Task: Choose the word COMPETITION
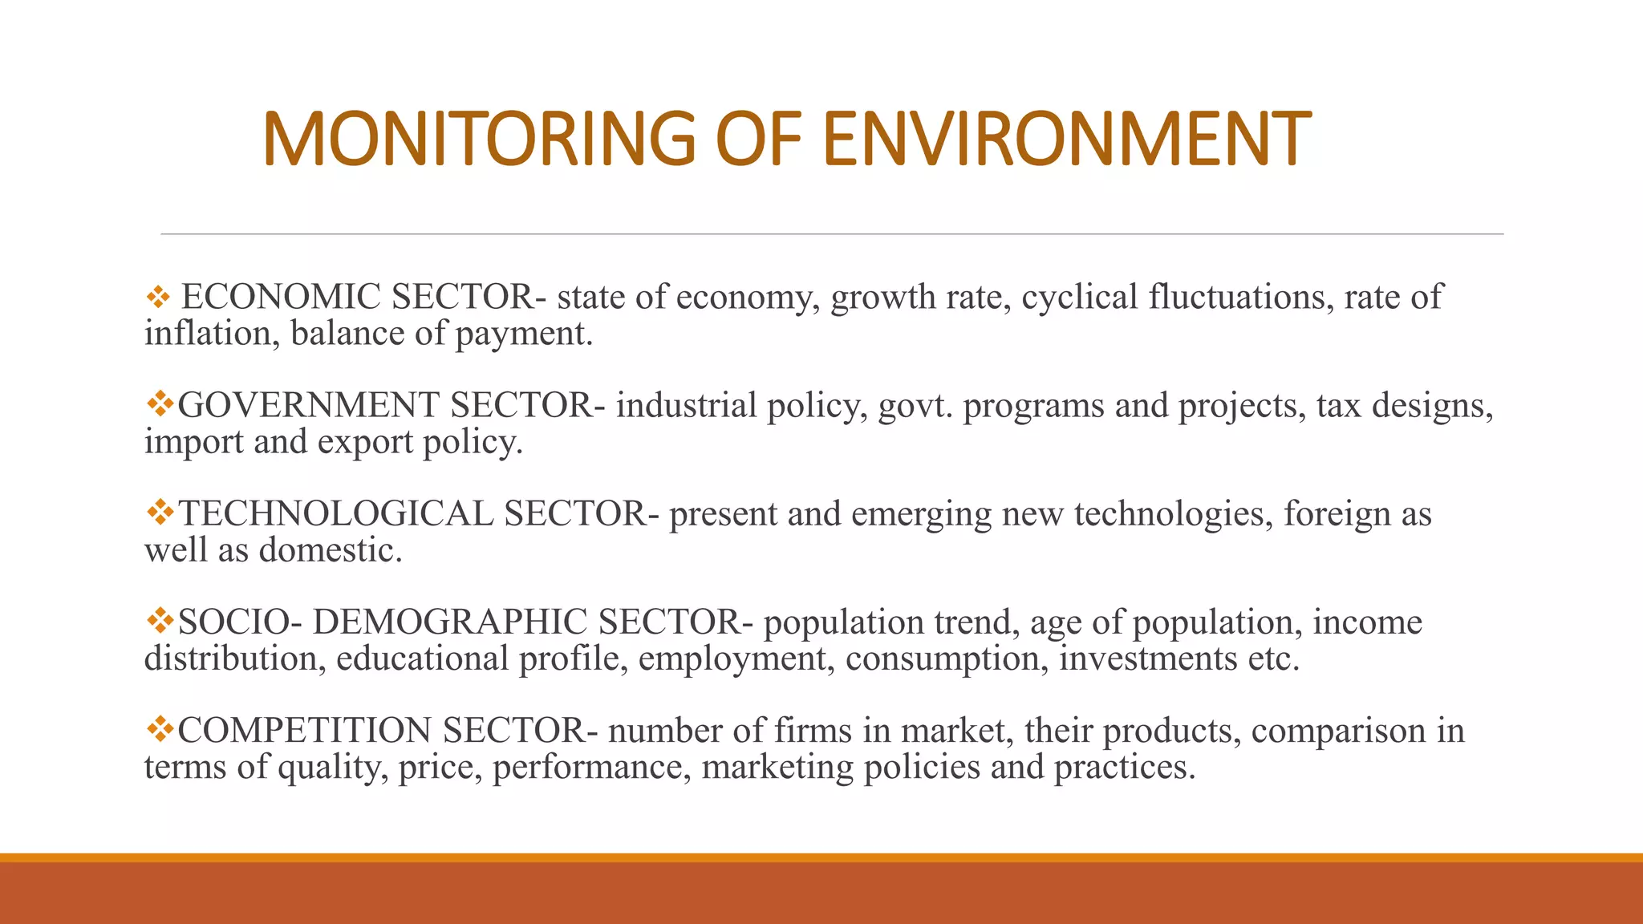(x=305, y=730)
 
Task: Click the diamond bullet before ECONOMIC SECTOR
(x=158, y=298)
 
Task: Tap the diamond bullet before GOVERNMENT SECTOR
(x=160, y=403)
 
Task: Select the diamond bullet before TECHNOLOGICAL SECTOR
(x=160, y=512)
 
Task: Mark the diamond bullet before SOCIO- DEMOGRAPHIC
(x=160, y=620)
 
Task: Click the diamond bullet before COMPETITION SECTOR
(x=160, y=728)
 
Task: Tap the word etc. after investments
(x=1273, y=659)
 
